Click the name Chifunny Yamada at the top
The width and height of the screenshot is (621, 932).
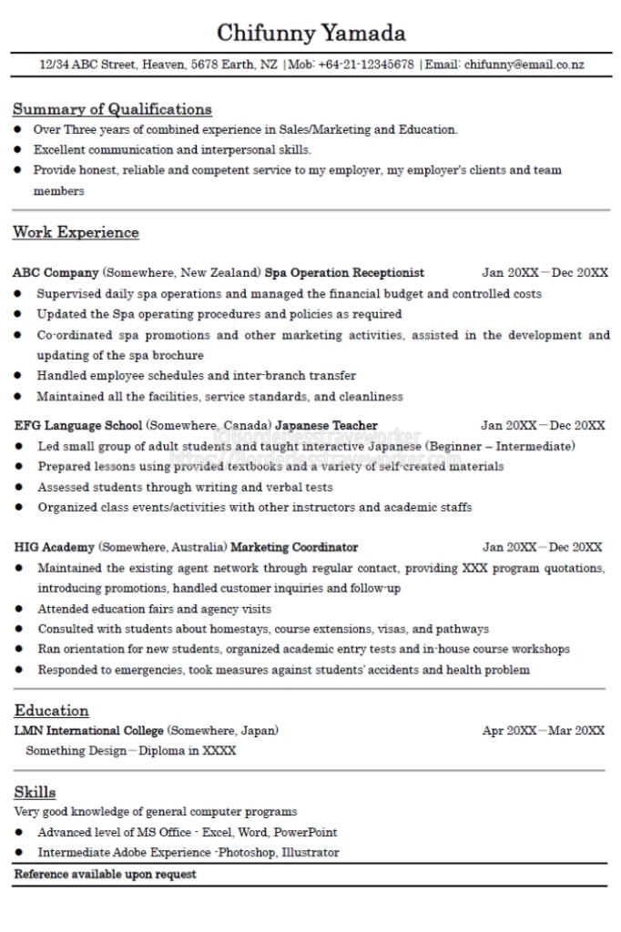point(310,34)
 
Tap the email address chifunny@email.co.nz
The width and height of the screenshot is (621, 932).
point(524,65)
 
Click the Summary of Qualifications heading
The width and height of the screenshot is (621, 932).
point(112,109)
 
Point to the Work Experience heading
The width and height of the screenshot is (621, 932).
point(76,232)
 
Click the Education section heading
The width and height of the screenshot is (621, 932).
point(51,710)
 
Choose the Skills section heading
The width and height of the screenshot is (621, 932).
point(35,792)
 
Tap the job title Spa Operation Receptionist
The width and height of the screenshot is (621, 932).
point(344,272)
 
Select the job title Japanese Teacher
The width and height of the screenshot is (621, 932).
point(326,425)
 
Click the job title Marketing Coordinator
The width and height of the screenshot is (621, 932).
point(294,547)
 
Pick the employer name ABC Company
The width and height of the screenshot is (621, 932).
point(56,272)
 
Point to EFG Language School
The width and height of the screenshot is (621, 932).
point(78,425)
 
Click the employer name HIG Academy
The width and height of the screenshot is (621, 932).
point(55,547)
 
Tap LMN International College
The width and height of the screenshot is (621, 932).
point(89,730)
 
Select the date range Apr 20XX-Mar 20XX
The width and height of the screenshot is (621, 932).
point(543,730)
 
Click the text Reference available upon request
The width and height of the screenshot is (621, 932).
point(105,875)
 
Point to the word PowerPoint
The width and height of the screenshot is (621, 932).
point(306,832)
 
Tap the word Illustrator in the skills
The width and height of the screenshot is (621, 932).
point(310,853)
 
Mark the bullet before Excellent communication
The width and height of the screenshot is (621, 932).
point(18,149)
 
